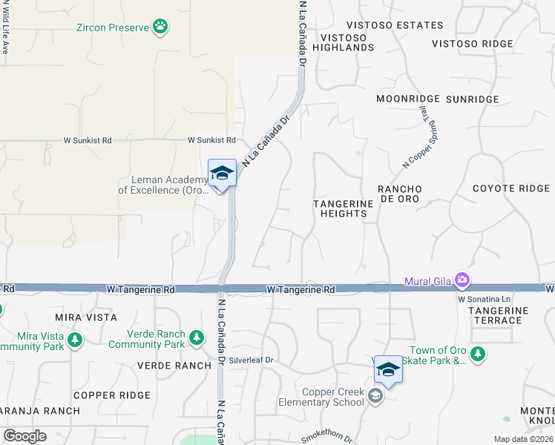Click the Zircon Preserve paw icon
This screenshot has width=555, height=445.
(x=160, y=28)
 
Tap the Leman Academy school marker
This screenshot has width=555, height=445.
(x=222, y=174)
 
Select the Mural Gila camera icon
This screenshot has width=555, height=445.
(x=463, y=280)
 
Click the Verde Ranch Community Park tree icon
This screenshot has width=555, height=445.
(x=197, y=338)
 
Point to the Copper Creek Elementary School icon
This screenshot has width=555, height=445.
(x=375, y=398)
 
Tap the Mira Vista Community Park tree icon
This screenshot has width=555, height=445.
(x=74, y=340)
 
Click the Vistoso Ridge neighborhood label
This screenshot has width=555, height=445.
(x=472, y=44)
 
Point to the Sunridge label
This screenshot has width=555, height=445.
(x=472, y=99)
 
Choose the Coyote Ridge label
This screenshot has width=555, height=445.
(x=511, y=188)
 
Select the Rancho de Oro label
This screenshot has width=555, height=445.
(x=399, y=194)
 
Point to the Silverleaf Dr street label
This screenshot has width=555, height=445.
(x=252, y=360)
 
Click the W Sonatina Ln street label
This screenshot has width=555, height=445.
(x=485, y=299)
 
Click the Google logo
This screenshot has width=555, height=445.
(x=24, y=436)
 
